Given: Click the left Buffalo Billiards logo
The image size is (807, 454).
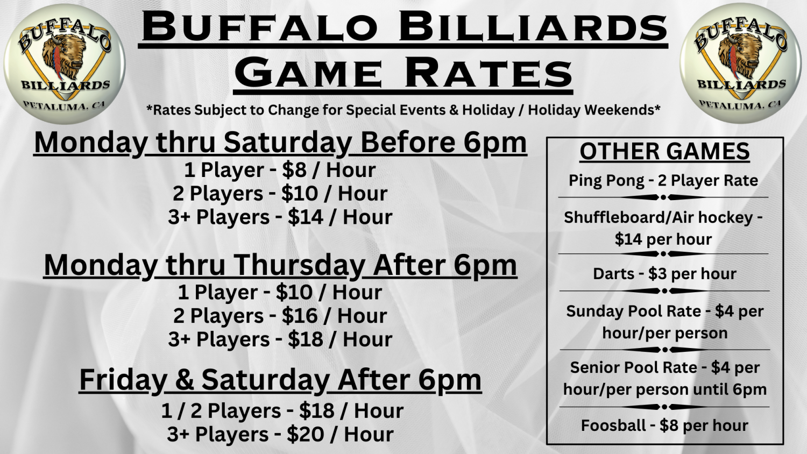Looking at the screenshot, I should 65,63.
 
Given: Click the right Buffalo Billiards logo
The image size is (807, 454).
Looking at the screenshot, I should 741,63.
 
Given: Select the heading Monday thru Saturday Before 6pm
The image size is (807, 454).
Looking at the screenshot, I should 280,143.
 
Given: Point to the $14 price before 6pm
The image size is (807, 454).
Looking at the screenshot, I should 306,217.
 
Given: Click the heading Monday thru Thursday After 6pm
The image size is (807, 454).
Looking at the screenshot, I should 280,265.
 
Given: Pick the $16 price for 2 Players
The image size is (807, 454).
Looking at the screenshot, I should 301,316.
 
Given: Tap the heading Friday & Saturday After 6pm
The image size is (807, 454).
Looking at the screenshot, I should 280,380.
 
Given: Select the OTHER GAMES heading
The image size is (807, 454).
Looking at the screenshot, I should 664,152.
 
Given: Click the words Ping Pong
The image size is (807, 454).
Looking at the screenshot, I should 606,181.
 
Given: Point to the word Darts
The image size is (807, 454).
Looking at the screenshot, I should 614,274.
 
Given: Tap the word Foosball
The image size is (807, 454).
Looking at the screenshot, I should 613,425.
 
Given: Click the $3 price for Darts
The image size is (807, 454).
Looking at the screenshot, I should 657,274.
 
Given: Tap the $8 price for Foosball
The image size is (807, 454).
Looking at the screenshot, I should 669,425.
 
